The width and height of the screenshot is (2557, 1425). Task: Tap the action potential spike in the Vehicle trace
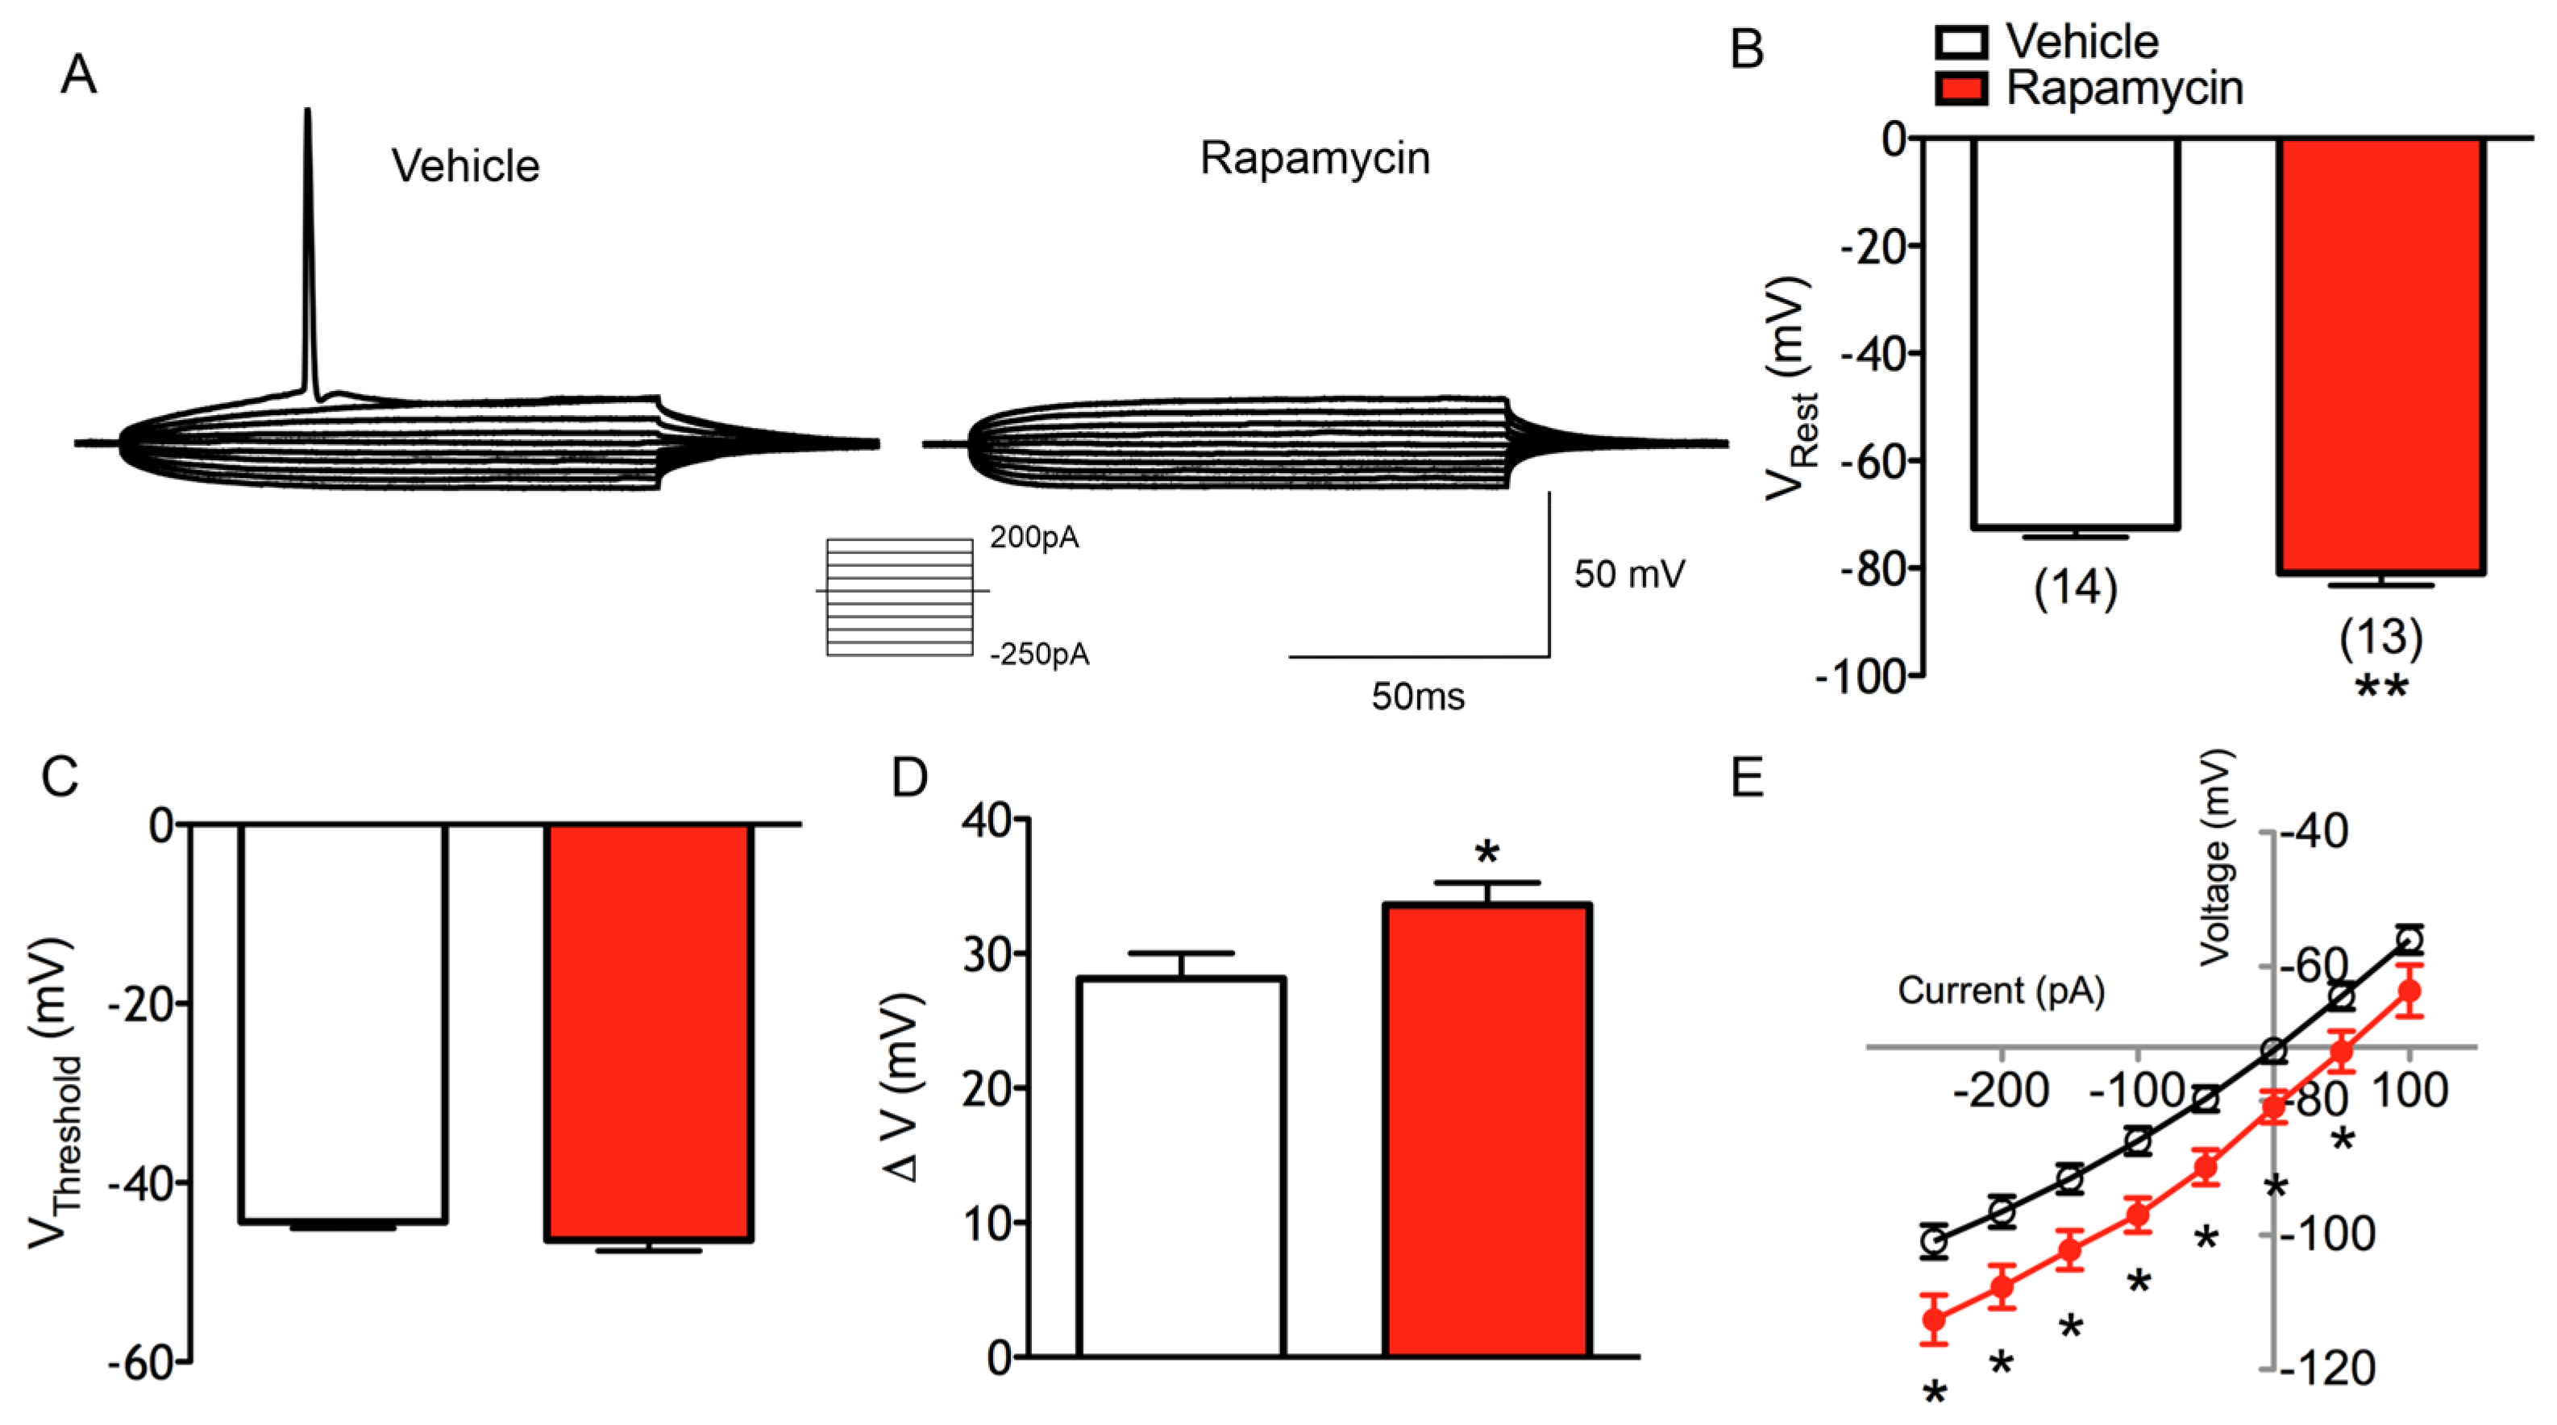click(308, 248)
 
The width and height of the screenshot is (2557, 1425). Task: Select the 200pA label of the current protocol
click(1033, 538)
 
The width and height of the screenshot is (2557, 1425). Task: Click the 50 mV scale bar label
click(1629, 575)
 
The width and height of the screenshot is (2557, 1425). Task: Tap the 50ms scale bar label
click(1417, 696)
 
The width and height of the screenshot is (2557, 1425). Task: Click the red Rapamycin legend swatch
click(1961, 89)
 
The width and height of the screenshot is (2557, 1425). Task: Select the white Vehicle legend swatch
click(1961, 43)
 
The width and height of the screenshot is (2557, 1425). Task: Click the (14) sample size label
click(2075, 588)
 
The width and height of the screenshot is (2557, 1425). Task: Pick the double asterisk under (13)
click(2381, 688)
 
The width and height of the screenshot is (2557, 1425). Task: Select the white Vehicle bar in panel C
click(343, 1022)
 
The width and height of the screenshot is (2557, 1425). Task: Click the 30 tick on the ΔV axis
click(987, 954)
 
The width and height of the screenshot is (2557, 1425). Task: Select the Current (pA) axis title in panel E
click(2001, 991)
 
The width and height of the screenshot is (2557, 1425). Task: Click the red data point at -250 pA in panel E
click(1934, 1319)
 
